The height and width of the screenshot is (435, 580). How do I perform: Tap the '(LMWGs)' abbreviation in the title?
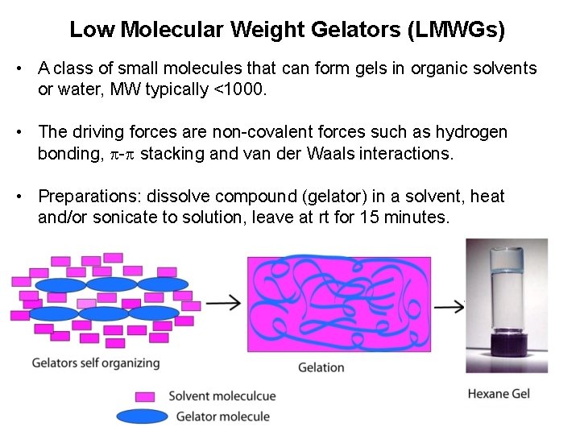458,31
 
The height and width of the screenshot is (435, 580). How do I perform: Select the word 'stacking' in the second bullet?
172,153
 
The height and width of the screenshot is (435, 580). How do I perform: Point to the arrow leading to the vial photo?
449,306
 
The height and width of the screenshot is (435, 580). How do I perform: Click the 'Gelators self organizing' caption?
96,363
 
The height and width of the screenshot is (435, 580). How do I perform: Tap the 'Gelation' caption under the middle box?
321,367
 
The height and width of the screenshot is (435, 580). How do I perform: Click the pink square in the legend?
145,396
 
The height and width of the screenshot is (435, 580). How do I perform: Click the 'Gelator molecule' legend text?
222,416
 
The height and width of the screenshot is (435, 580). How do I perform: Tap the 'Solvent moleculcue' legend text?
222,396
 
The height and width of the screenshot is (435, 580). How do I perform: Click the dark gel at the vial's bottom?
507,347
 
